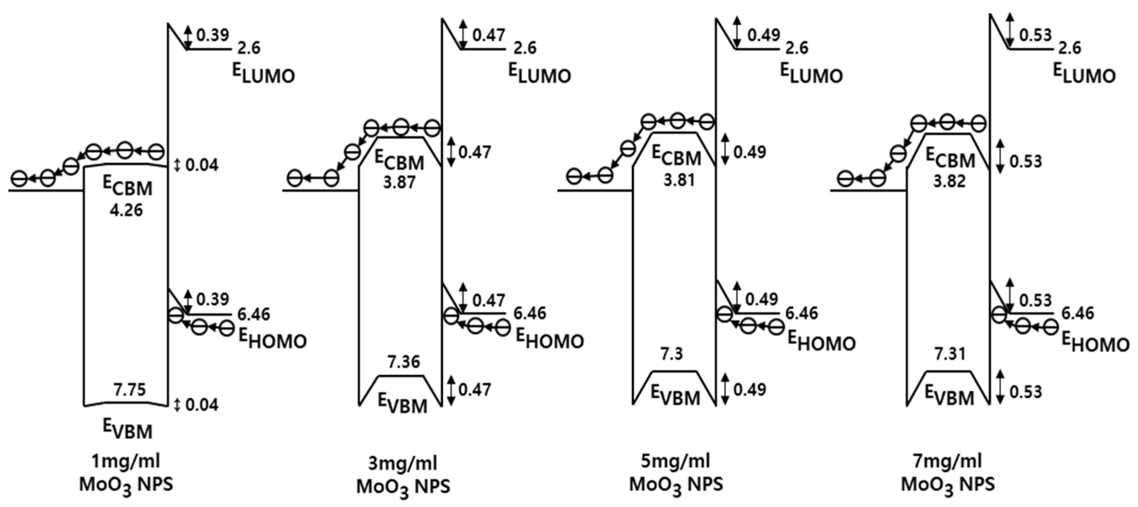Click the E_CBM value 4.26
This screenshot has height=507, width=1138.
point(126,210)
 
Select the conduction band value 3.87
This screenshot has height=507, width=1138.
point(399,182)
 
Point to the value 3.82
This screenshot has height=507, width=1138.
point(949,181)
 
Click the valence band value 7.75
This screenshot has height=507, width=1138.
point(129,390)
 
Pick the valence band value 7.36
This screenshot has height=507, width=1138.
point(403,362)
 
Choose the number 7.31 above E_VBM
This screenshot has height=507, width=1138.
point(950,353)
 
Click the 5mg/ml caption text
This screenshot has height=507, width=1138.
point(675,461)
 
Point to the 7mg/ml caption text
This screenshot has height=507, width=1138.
point(948,461)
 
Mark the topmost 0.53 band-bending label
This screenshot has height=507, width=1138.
point(1035,35)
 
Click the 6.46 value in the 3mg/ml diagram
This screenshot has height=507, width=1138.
point(530,313)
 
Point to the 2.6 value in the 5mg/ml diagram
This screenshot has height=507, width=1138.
point(796,48)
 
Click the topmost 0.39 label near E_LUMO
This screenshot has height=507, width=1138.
point(213,35)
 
